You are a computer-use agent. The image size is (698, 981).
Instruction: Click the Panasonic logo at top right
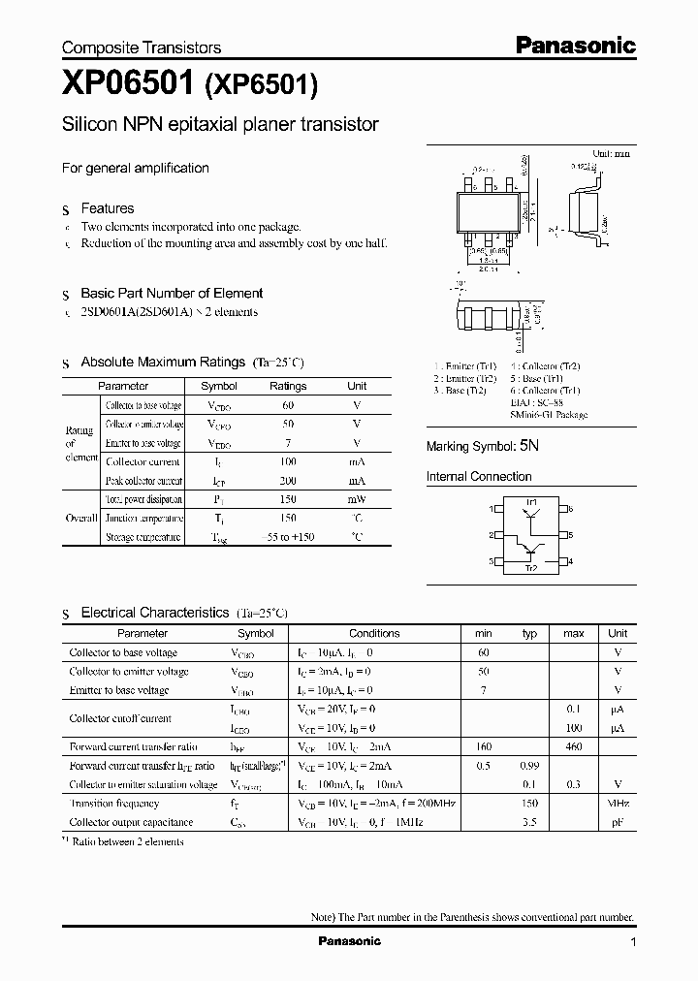pos(574,45)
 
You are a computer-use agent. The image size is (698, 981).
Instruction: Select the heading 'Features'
pos(107,208)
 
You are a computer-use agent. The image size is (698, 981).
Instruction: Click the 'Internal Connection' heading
pos(479,477)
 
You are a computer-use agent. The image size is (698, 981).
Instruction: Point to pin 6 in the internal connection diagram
pos(571,508)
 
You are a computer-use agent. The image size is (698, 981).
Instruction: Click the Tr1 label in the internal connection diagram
pos(531,501)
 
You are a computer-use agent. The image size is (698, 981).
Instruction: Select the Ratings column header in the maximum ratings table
pos(287,386)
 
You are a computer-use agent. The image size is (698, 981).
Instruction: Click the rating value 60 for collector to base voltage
pos(288,405)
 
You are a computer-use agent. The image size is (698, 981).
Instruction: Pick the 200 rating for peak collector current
pos(288,481)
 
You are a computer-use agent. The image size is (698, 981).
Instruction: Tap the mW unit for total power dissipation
pos(357,499)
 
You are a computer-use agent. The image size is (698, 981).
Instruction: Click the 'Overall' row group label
pos(81,519)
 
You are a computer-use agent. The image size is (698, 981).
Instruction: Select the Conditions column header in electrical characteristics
pos(374,633)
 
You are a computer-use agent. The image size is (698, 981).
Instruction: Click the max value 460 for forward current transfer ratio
pos(574,746)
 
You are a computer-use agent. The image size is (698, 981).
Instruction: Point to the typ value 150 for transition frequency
pos(529,804)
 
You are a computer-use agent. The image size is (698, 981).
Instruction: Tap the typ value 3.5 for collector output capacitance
pos(529,822)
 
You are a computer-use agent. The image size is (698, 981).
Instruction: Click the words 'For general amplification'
pos(136,168)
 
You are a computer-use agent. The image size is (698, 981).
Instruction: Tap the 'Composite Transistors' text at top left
pos(142,47)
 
